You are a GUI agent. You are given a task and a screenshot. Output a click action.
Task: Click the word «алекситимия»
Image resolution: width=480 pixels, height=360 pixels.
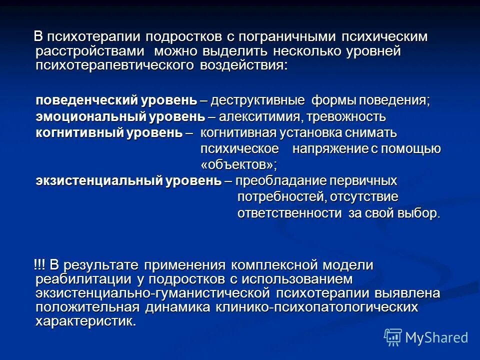[259, 117]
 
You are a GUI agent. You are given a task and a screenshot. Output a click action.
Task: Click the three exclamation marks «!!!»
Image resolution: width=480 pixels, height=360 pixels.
[40, 264]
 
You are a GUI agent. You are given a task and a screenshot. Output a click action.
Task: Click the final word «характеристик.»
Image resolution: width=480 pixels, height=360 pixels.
[85, 320]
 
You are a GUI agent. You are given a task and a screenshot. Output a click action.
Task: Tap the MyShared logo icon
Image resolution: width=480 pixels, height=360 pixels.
[392, 336]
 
